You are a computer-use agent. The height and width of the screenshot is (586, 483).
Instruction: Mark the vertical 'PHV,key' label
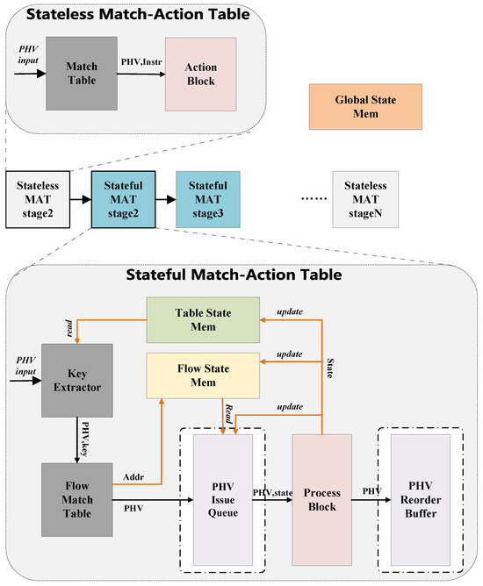[84, 434]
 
